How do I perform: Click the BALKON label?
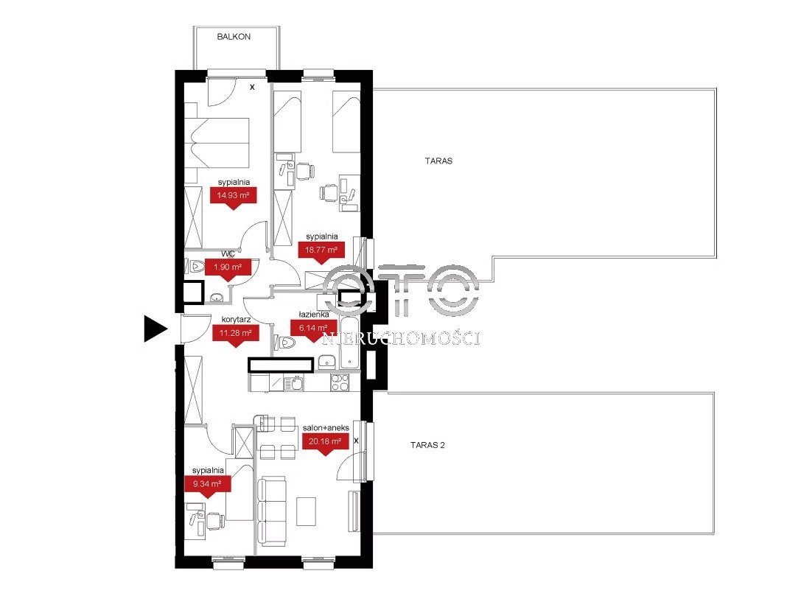[x=234, y=37]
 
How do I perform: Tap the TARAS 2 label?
[x=427, y=445]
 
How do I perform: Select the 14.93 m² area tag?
[x=233, y=197]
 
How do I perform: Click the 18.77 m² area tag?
[x=321, y=253]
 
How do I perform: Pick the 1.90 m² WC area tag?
[x=228, y=269]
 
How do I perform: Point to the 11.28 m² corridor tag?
[x=235, y=336]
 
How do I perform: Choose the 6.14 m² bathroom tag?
[x=313, y=331]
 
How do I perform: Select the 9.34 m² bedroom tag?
[x=207, y=486]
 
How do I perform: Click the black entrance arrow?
[x=155, y=329]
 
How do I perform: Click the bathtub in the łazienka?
[x=349, y=343]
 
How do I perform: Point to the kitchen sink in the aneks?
[x=294, y=383]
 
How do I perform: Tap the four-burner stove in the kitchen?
[x=340, y=382]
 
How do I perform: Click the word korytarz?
[x=236, y=320]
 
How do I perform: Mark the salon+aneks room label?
[x=326, y=428]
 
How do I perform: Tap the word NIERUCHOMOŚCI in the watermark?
[x=402, y=338]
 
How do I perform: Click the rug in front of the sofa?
[x=307, y=512]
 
